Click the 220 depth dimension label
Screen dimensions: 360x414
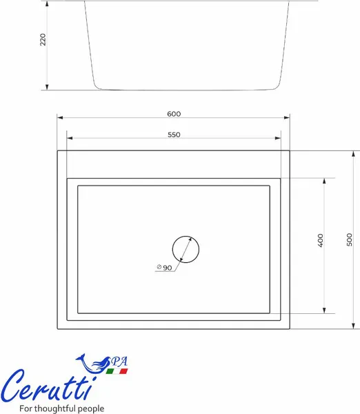pyautogui.click(x=43, y=39)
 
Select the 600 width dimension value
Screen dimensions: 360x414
pyautogui.click(x=174, y=114)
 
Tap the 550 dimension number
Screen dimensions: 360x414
pyautogui.click(x=174, y=135)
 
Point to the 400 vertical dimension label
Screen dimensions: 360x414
pyautogui.click(x=320, y=240)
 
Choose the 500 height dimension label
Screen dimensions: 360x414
pyautogui.click(x=349, y=239)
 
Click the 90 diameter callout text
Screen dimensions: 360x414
pyautogui.click(x=168, y=268)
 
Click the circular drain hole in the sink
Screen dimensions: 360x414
pyautogui.click(x=186, y=236)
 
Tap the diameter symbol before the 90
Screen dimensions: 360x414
pyautogui.click(x=159, y=267)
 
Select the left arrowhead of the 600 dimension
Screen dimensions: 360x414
pyautogui.click(x=60, y=117)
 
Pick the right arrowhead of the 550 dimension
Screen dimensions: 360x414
pyautogui.click(x=278, y=138)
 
